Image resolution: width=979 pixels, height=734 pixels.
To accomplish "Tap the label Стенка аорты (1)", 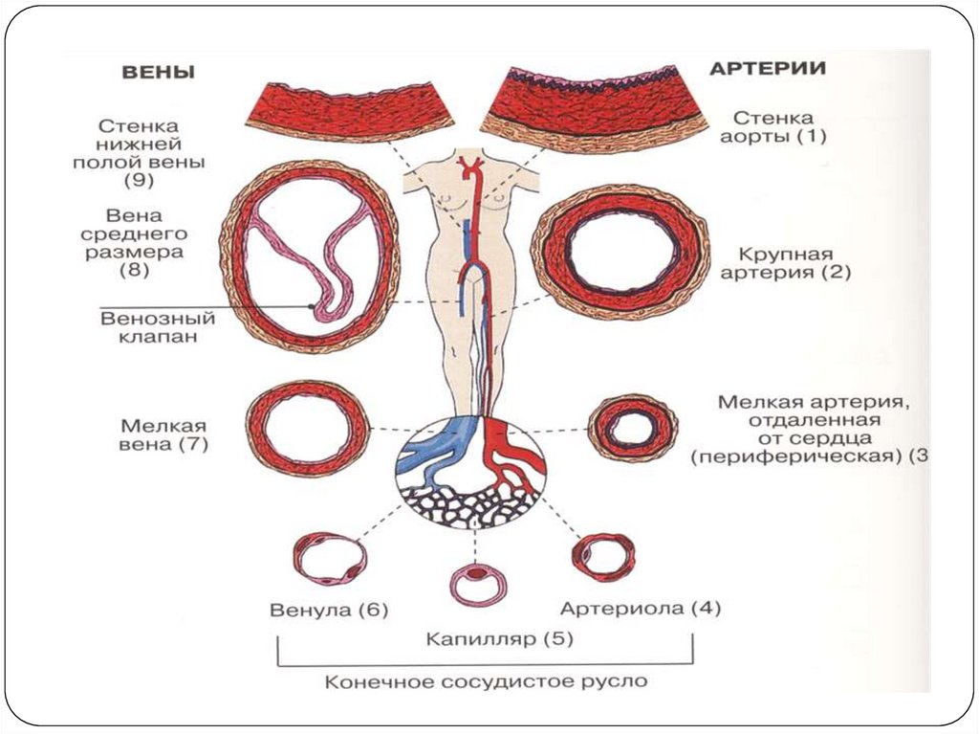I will pos(774,126).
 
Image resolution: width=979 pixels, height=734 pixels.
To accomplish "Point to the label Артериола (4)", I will pos(641,609).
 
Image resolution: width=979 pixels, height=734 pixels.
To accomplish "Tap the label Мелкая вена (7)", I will pos(164,435).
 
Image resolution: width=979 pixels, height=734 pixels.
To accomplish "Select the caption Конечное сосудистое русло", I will pos(486,682).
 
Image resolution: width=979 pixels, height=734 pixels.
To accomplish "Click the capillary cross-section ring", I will pos(479,582).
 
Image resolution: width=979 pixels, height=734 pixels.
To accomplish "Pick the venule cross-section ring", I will pos(330,559).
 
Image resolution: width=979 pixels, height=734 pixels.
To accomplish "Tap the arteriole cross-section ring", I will pos(602,557).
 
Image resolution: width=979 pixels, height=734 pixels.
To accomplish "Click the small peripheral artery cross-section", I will pos(632,428).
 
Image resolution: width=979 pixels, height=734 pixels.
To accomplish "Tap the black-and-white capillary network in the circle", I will pos(468,502).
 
